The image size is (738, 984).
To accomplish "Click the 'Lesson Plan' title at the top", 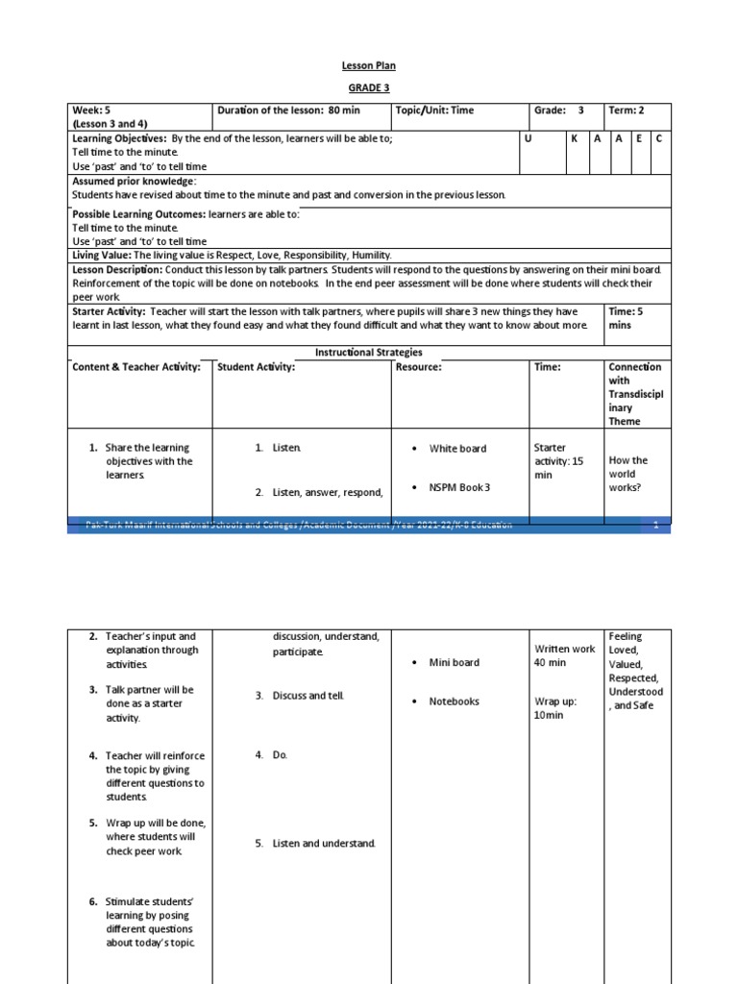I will click(369, 65).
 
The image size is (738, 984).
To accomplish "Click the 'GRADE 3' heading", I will click(369, 87).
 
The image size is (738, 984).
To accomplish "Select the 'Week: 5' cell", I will click(93, 111).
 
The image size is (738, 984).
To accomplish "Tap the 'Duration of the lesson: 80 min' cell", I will click(288, 111).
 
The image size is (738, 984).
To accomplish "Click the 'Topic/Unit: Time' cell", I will click(435, 111).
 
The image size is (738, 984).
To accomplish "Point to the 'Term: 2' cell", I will click(627, 111).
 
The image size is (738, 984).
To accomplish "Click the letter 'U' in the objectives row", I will click(528, 139).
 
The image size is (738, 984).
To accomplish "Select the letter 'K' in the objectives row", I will click(574, 139).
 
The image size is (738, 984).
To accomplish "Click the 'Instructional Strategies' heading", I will click(369, 353).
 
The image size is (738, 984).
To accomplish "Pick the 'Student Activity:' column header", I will click(257, 367).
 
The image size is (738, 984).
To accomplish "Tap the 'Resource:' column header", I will click(419, 367).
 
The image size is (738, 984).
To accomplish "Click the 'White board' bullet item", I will click(457, 449).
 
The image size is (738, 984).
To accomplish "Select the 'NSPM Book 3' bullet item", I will click(459, 487).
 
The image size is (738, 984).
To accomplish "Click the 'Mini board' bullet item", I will click(454, 662).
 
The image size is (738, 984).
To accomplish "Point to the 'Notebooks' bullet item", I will click(454, 701).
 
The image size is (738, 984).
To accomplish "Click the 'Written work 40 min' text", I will click(564, 655).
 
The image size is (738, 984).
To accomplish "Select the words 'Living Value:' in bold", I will click(102, 256).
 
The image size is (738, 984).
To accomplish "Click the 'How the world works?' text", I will click(628, 474).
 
